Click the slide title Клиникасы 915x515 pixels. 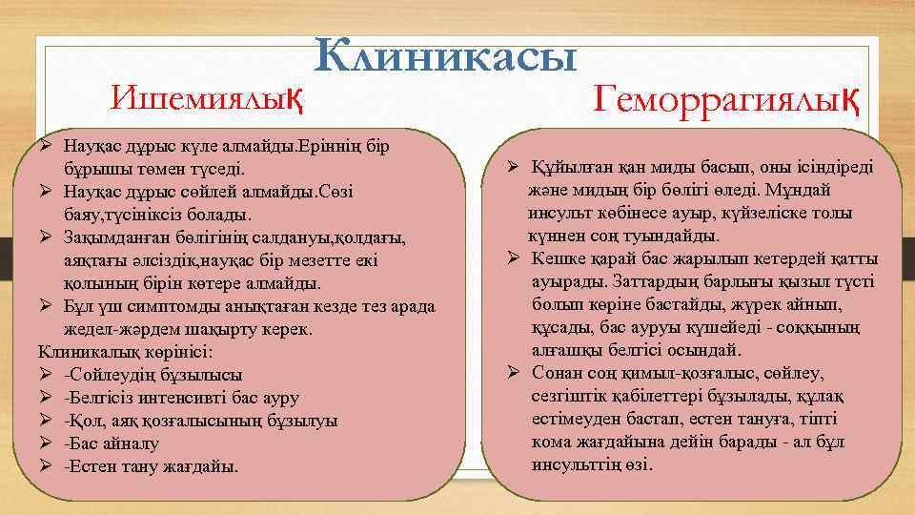(447, 56)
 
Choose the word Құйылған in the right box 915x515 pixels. (567, 167)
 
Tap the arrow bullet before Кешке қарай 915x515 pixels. (512, 258)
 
